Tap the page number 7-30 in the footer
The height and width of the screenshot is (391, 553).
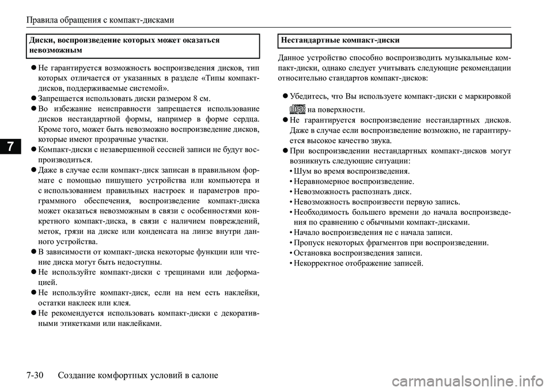38,375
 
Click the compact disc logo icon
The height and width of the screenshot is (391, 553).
297,108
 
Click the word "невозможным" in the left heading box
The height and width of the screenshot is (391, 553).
55,51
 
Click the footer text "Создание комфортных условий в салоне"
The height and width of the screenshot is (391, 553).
138,375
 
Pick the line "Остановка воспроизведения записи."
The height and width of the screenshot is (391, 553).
357,253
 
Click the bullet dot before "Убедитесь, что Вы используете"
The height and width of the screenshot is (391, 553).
286,96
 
